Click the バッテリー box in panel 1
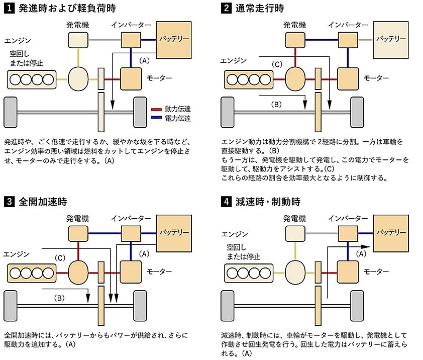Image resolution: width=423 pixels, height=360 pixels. point(174,38)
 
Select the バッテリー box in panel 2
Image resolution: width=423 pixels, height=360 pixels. point(391,39)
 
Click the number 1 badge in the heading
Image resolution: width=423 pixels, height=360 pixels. point(9,8)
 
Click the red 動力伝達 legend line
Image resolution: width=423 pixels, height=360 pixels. point(156,109)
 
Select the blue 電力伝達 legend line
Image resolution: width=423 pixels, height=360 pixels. point(156,119)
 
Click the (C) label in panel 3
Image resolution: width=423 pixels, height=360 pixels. point(60,258)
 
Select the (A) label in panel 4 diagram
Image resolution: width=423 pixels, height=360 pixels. point(361,254)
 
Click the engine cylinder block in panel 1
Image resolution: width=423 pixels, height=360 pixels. point(31,79)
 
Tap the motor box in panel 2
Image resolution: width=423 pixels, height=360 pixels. point(348,78)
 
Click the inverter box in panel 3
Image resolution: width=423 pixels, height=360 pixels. point(131,232)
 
